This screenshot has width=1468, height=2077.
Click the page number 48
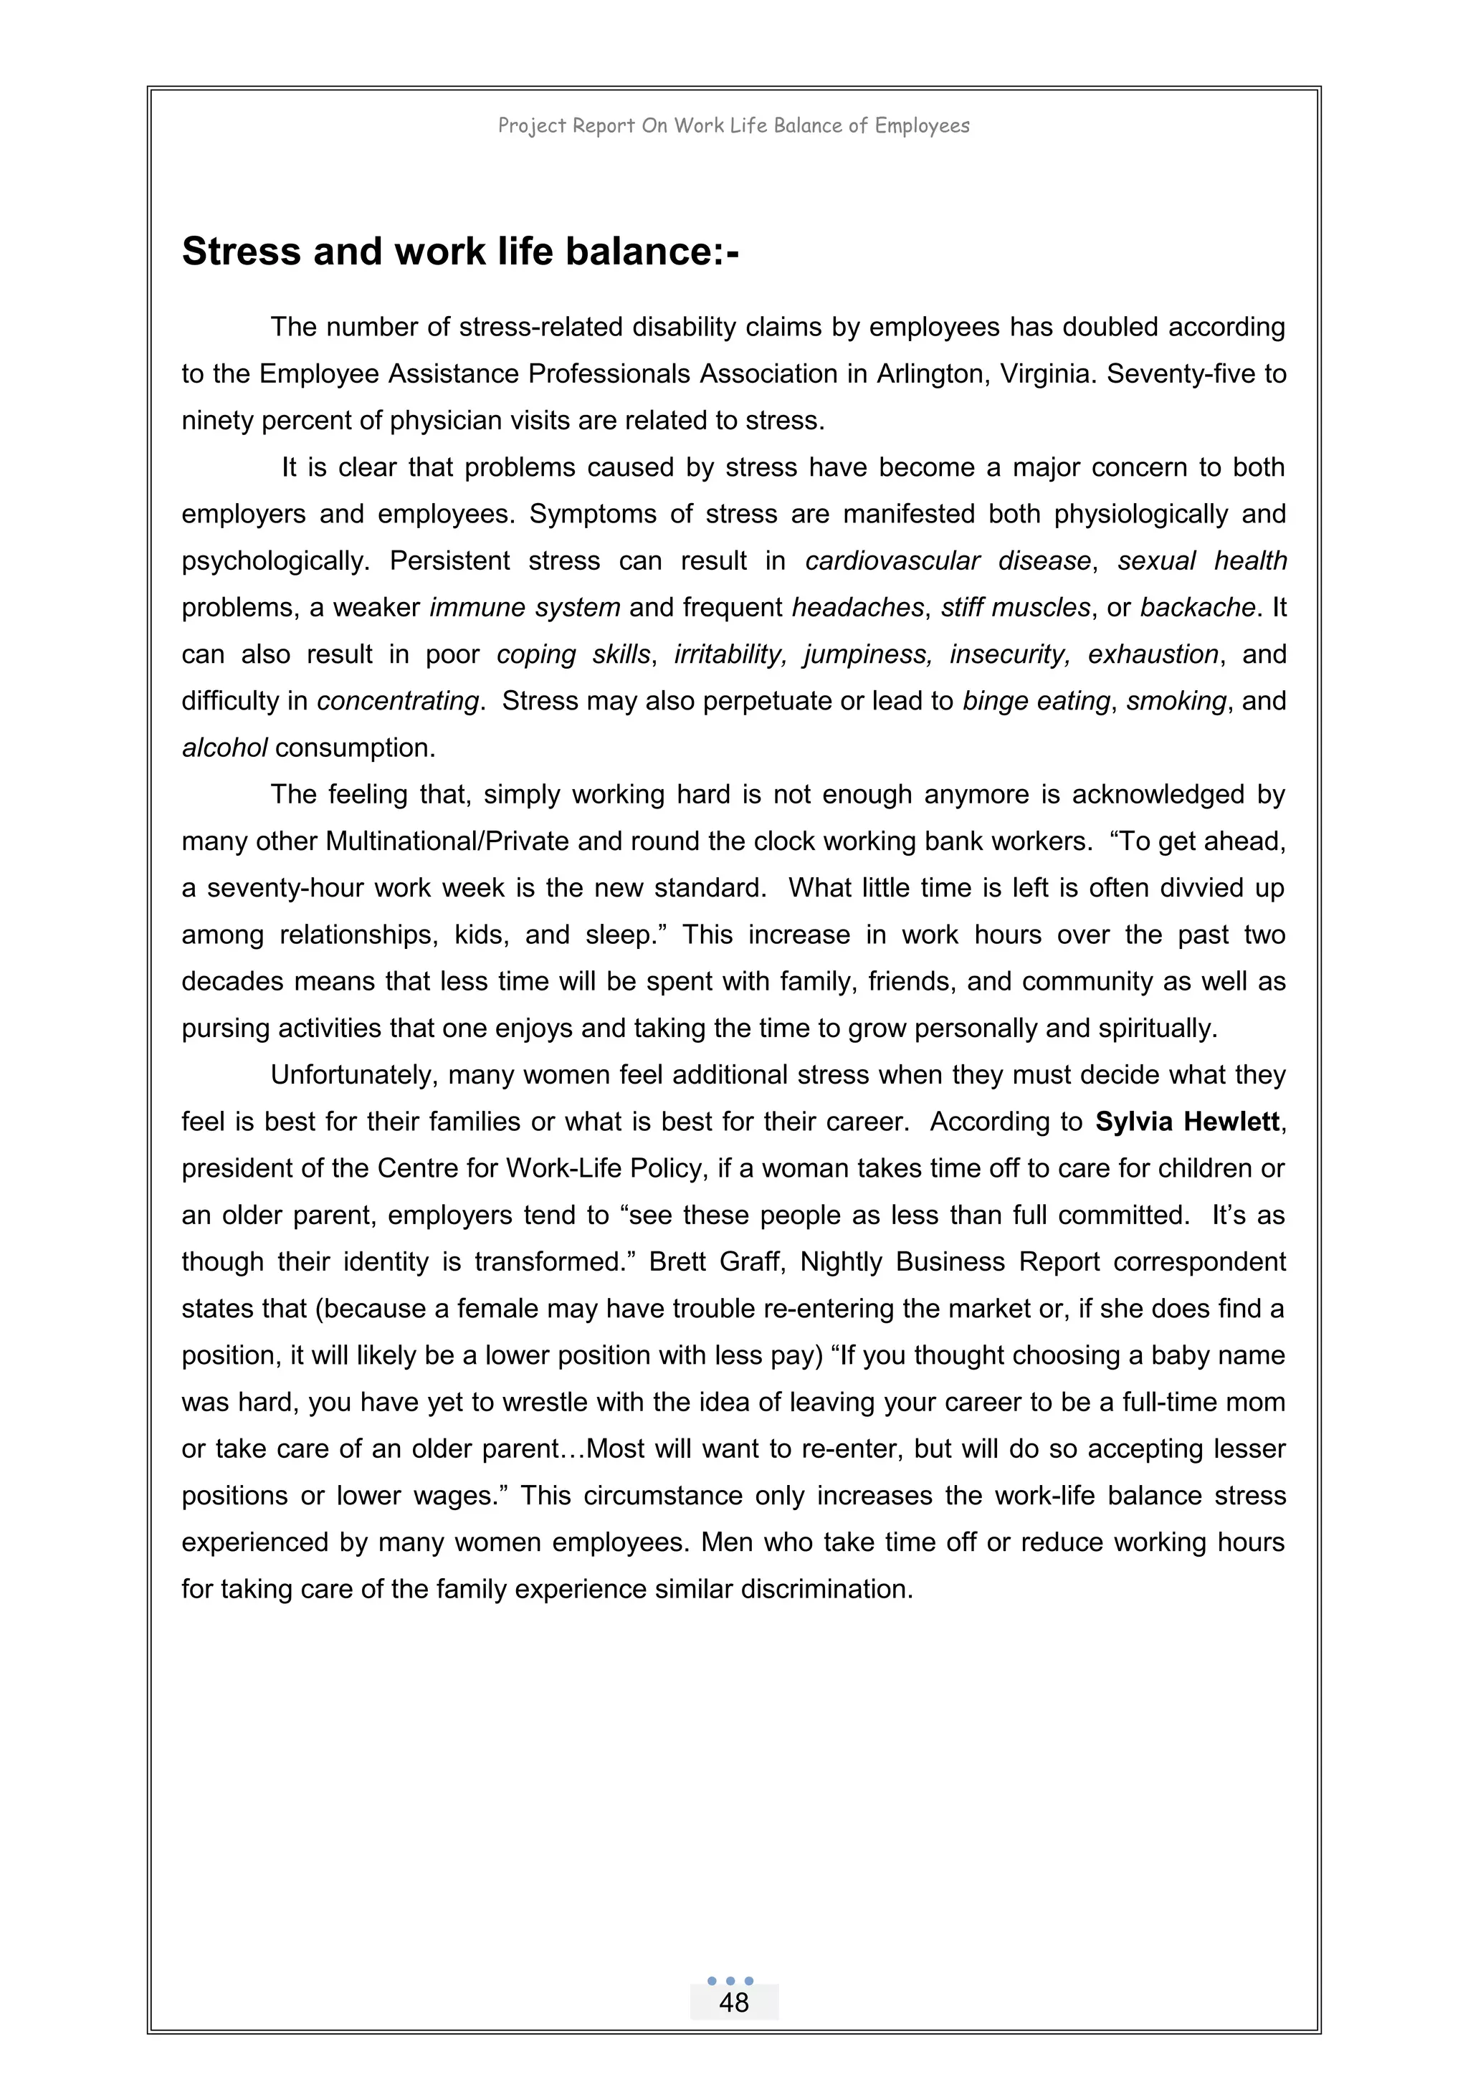(733, 2002)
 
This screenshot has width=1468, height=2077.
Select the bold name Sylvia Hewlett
(1187, 1122)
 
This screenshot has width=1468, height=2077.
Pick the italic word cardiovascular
(892, 561)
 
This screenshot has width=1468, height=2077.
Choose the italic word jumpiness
(868, 654)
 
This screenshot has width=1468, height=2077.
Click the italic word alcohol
(224, 748)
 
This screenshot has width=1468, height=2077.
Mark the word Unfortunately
(353, 1074)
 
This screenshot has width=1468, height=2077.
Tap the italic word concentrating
(397, 701)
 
